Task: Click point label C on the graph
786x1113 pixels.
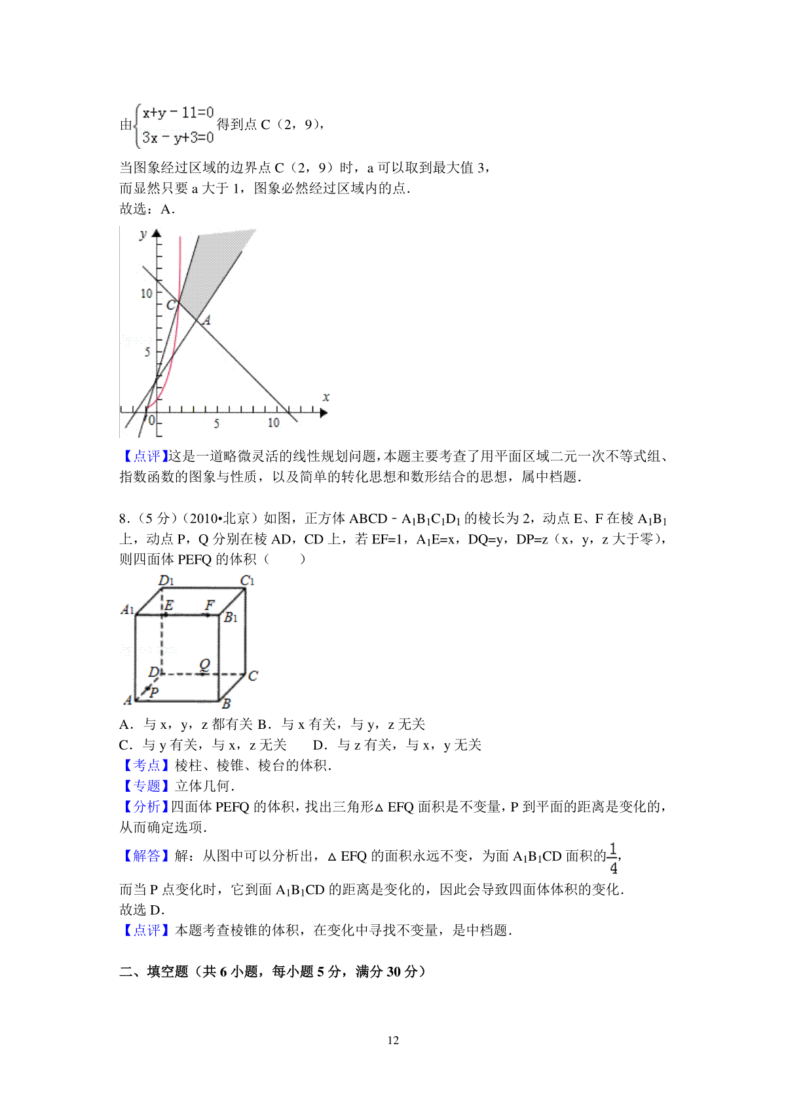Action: click(170, 305)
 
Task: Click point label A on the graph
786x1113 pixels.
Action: click(207, 320)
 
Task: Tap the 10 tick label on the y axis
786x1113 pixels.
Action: click(146, 294)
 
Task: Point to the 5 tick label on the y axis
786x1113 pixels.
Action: click(147, 352)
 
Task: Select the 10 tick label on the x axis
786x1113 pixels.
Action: click(274, 423)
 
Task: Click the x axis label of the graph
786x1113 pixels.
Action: click(326, 397)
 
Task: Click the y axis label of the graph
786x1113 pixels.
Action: click(143, 235)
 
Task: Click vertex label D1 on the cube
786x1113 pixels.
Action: click(166, 580)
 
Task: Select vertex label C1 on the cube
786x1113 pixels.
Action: click(247, 580)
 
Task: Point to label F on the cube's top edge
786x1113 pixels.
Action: click(210, 604)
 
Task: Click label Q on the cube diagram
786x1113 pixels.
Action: click(204, 665)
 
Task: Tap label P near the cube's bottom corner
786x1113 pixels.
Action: click(154, 692)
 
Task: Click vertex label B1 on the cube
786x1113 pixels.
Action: click(231, 617)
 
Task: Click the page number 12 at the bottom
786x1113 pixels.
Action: click(393, 1040)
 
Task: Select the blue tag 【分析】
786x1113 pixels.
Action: click(144, 807)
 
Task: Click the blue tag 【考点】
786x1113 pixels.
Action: click(144, 766)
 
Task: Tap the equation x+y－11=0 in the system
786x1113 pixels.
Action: click(178, 113)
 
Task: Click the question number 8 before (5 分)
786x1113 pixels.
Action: click(122, 518)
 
